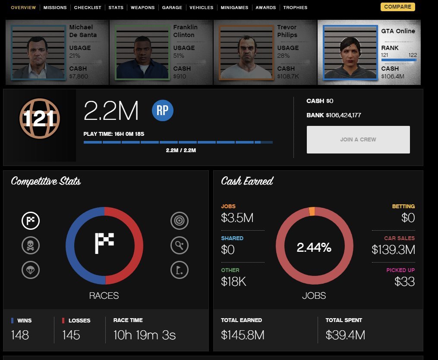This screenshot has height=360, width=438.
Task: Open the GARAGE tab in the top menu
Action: [x=172, y=8]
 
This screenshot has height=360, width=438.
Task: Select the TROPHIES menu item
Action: [x=295, y=8]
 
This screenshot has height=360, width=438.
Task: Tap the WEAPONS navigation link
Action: [x=142, y=8]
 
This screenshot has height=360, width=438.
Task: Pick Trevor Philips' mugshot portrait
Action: [x=246, y=52]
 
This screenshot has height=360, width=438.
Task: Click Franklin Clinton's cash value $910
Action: [x=179, y=76]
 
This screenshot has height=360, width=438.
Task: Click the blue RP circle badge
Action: [x=163, y=111]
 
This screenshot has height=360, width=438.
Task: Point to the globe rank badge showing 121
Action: [x=39, y=119]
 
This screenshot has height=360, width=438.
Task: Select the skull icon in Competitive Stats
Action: [x=31, y=246]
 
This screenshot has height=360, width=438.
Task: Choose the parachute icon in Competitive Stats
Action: [x=31, y=270]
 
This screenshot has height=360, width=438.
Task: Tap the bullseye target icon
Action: [x=179, y=221]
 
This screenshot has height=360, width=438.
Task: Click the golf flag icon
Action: [x=179, y=270]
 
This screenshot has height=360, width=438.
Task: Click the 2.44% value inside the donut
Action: [x=314, y=247]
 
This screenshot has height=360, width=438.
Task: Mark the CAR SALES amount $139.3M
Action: [x=393, y=250]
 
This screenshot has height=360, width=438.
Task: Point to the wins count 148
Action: [x=20, y=335]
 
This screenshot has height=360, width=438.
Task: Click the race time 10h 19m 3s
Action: [x=145, y=335]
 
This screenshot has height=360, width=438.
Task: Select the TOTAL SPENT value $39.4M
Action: [x=345, y=335]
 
